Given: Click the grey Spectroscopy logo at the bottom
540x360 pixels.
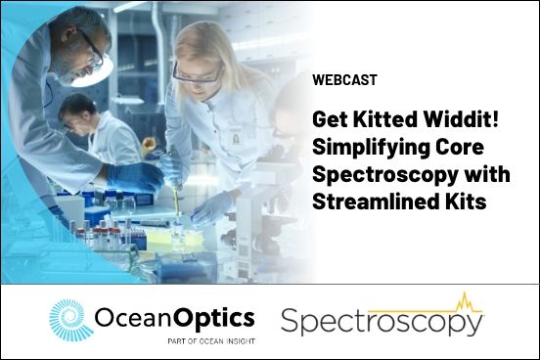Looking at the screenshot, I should (x=382, y=322).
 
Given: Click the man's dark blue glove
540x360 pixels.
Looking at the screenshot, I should (x=135, y=176).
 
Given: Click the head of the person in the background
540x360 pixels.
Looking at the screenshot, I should (x=77, y=107).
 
